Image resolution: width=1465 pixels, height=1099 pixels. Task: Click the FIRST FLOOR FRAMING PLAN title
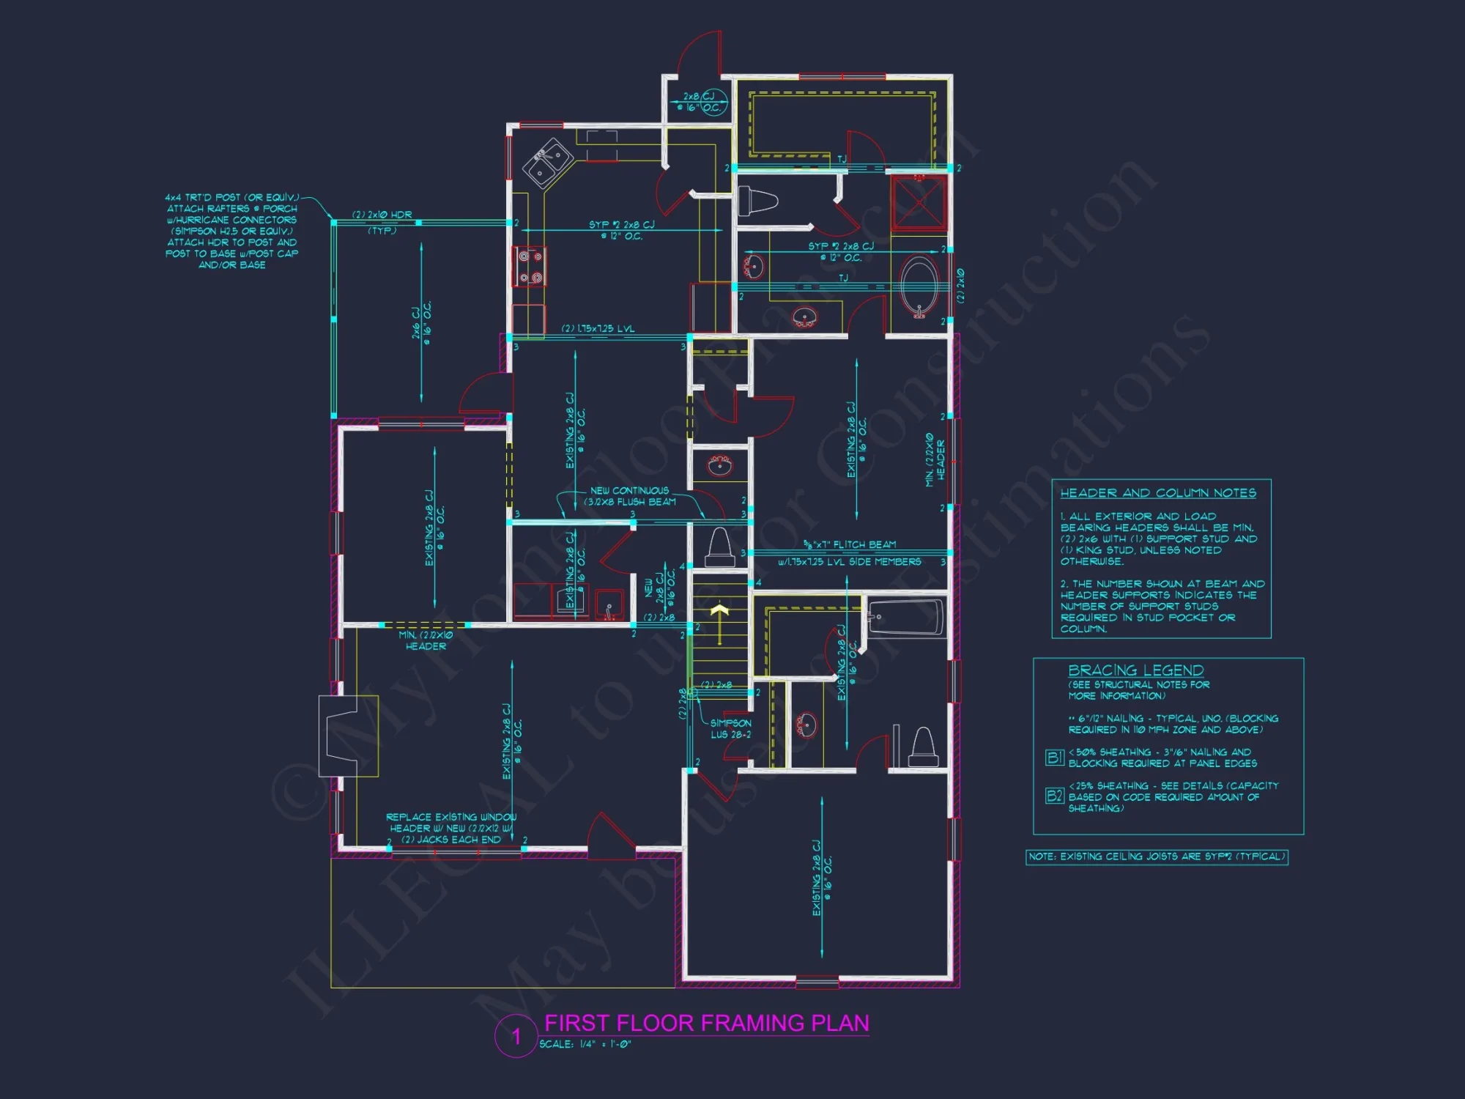[707, 1023]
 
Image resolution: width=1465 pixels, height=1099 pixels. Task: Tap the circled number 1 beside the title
[516, 1036]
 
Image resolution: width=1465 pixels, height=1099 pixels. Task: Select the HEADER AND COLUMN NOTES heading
[1158, 493]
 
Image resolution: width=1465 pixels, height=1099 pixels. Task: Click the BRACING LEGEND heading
[1135, 670]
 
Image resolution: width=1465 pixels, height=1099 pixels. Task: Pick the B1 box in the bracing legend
[1054, 758]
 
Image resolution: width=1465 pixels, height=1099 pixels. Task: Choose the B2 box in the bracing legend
[1054, 796]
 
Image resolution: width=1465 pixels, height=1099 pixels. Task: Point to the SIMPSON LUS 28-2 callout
[730, 728]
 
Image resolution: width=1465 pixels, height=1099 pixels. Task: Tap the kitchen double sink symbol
[548, 163]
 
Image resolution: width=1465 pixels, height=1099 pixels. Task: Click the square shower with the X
[919, 203]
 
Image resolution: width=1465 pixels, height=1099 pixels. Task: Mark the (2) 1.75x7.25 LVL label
[598, 328]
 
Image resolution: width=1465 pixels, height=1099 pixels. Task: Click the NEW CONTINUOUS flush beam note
[630, 496]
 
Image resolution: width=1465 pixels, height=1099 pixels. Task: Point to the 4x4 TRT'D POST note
[232, 231]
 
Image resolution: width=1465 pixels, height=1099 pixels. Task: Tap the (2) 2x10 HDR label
[382, 215]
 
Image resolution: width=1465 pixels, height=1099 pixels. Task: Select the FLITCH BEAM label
[850, 544]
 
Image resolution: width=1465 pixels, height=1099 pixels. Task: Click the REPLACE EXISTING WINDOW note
[451, 828]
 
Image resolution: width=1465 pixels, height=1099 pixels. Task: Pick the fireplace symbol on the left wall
[347, 736]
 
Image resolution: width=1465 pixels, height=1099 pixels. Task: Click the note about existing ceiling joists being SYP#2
[1157, 856]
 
